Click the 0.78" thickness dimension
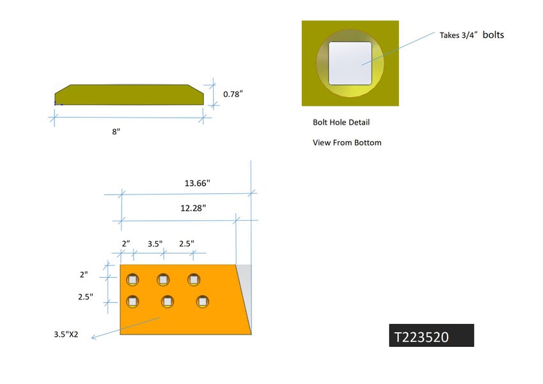pyautogui.click(x=233, y=94)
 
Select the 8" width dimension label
pyautogui.click(x=116, y=131)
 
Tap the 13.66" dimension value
pyautogui.click(x=197, y=183)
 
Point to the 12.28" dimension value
pyautogui.click(x=193, y=208)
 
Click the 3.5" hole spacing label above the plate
pyautogui.click(x=155, y=244)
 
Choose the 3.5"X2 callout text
pyautogui.click(x=66, y=335)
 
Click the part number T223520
pyautogui.click(x=421, y=337)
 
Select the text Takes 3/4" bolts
pyautogui.click(x=471, y=35)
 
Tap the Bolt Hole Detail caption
pyautogui.click(x=341, y=122)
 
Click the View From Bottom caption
pyautogui.click(x=347, y=143)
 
